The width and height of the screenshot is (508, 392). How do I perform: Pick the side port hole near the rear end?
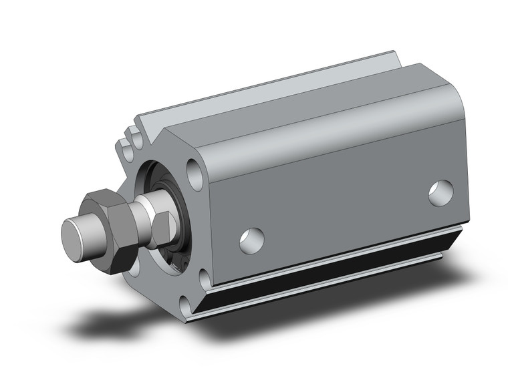click(441, 190)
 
